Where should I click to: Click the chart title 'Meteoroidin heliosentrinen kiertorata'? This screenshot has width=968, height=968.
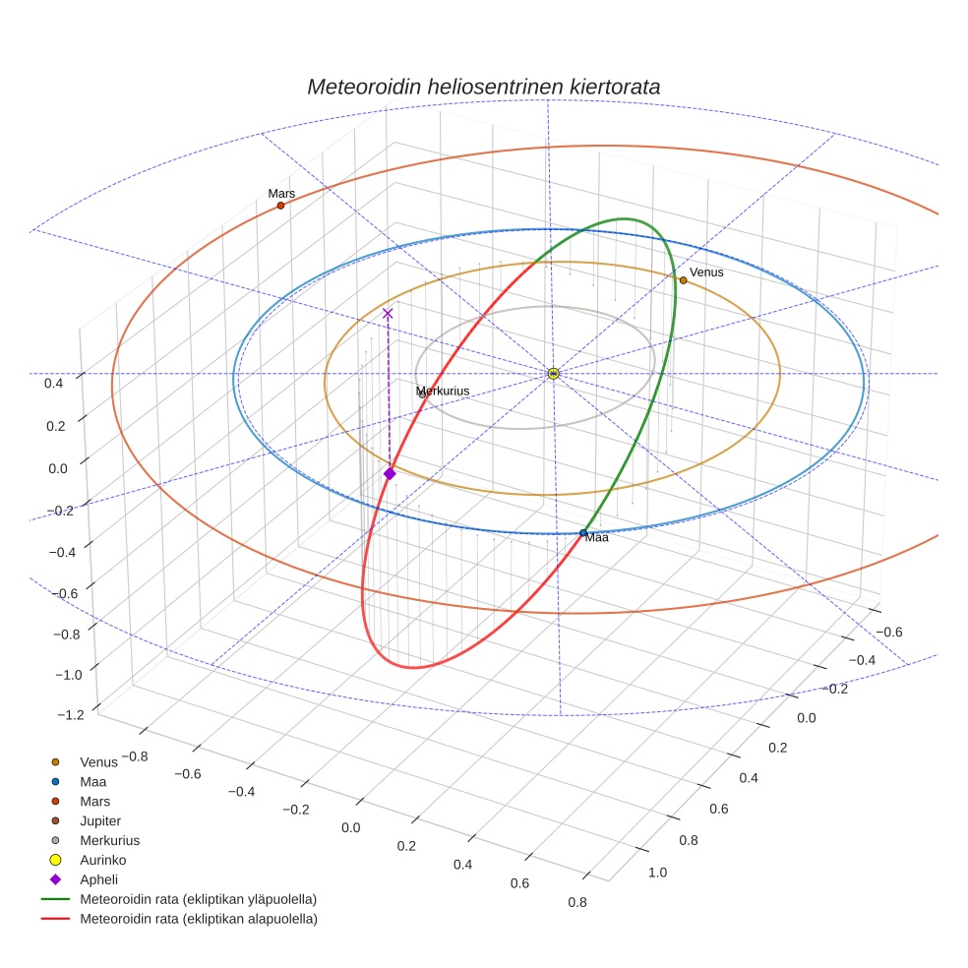point(483,87)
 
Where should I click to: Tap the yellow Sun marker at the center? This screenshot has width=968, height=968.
point(553,374)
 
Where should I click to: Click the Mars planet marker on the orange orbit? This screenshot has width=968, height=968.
point(280,206)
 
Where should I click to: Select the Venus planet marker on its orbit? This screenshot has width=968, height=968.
point(683,280)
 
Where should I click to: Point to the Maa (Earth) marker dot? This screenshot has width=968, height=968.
point(583,533)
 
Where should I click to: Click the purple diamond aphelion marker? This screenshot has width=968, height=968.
point(390,474)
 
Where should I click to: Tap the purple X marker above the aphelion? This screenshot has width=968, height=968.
point(388,313)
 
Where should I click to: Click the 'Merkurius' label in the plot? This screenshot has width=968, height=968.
point(443,391)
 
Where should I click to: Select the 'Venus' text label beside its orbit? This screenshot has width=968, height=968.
point(706,272)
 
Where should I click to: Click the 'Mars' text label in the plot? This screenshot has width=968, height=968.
point(281,194)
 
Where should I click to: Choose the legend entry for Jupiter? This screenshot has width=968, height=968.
point(100,820)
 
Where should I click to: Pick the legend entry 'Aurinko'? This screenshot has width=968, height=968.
point(102,860)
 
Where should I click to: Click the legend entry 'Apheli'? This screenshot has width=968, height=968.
point(98,879)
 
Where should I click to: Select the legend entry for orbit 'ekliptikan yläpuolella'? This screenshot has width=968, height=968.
point(197,899)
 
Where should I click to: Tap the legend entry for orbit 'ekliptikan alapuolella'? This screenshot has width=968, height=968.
point(198,919)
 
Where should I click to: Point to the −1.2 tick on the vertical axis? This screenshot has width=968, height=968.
point(72,715)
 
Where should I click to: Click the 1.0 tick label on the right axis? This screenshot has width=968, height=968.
point(657,872)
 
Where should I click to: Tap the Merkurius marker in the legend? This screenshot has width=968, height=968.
point(56,840)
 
